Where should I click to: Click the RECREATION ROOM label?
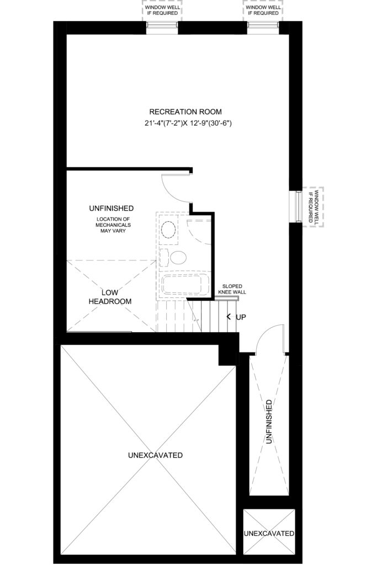coord(185,111)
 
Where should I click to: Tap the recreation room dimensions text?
coord(188,123)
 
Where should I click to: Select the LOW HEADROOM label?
coord(110,297)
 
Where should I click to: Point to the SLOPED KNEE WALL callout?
coord(232,289)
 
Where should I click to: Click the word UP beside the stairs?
coord(241,317)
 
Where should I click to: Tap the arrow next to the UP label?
coord(229,317)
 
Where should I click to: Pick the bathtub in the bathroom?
coord(182,284)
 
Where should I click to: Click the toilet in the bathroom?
coord(174,258)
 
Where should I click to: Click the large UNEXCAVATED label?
coord(155,455)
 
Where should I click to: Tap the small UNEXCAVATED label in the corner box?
coord(269,534)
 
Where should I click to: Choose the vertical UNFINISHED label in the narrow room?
coord(268,422)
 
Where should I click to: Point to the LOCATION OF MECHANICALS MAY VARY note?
coord(113,225)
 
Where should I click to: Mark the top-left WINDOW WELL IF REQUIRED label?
coord(162,10)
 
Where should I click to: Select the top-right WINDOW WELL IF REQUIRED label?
coord(263,10)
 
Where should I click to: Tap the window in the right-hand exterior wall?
coord(298,206)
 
